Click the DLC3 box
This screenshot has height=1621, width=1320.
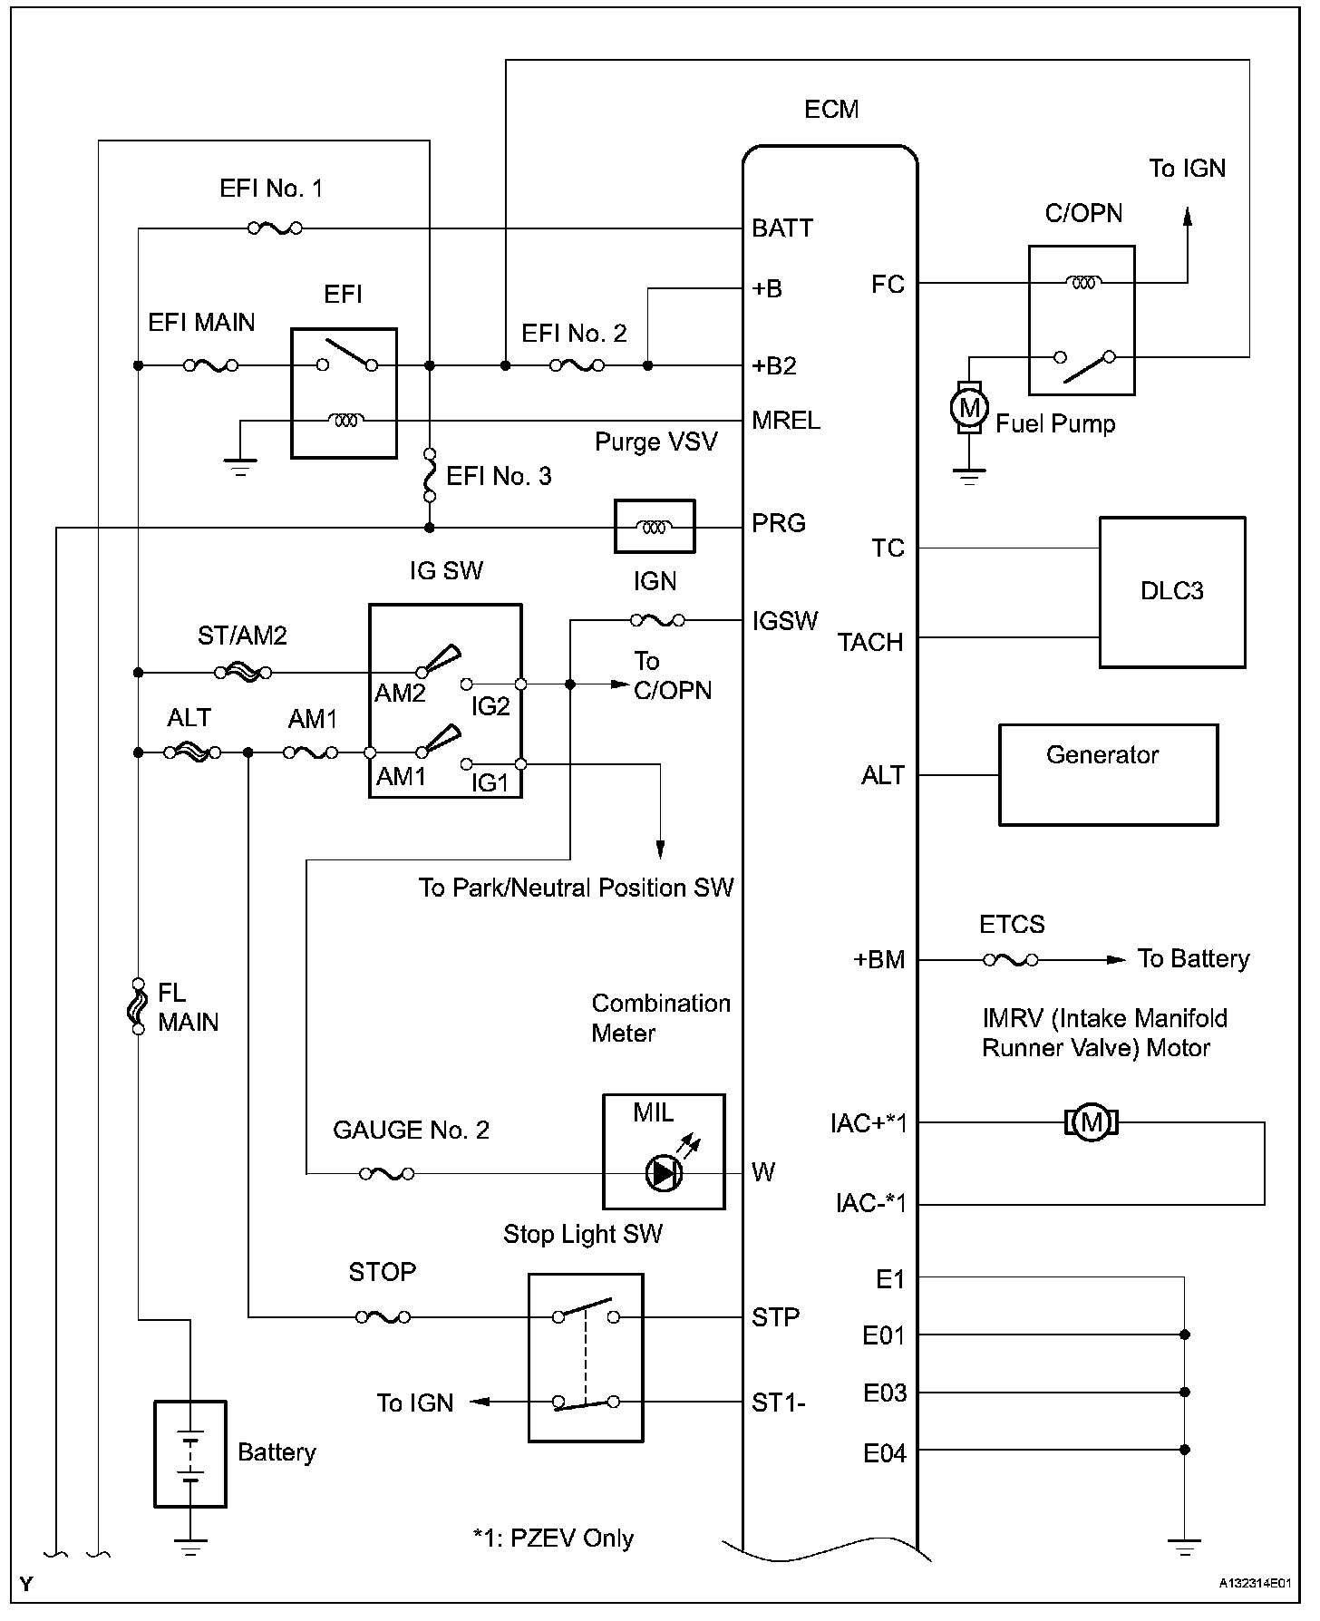pyautogui.click(x=1171, y=592)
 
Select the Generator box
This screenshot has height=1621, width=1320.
pyautogui.click(x=1108, y=774)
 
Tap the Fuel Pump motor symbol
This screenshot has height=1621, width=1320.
pyautogui.click(x=969, y=407)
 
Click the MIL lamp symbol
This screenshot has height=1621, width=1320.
pyautogui.click(x=663, y=1174)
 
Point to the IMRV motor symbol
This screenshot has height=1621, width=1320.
pyautogui.click(x=1092, y=1122)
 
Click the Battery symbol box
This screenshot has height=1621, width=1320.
pyautogui.click(x=189, y=1454)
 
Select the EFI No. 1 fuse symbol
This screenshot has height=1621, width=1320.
pyautogui.click(x=275, y=228)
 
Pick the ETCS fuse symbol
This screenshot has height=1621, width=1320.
pyautogui.click(x=1011, y=959)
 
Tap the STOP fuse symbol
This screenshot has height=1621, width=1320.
pyautogui.click(x=383, y=1316)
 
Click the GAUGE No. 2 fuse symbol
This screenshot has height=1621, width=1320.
pyautogui.click(x=387, y=1173)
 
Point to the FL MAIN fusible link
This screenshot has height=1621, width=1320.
pyautogui.click(x=138, y=1005)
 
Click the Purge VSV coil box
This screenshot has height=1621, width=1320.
pyautogui.click(x=655, y=526)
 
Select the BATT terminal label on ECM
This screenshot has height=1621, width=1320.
pyautogui.click(x=782, y=228)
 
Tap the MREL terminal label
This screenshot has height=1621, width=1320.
pyautogui.click(x=786, y=421)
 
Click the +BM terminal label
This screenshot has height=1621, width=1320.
pyautogui.click(x=879, y=960)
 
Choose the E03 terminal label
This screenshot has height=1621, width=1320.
pyautogui.click(x=884, y=1393)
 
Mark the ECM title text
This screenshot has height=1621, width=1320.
pyautogui.click(x=831, y=110)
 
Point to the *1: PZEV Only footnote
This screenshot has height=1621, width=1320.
pyautogui.click(x=553, y=1538)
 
